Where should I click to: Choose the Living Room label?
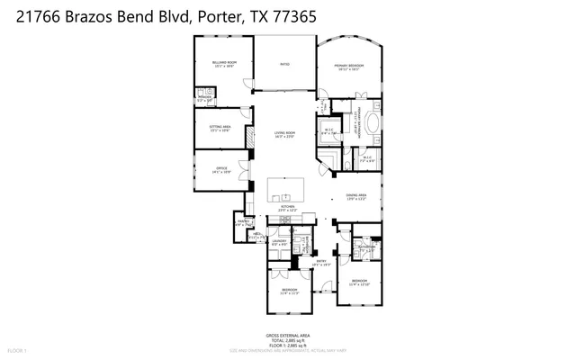[285, 135]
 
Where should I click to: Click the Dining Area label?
[356, 197]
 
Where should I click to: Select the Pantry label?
[243, 222]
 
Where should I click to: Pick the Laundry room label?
[279, 242]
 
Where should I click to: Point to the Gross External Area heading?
[287, 334]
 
